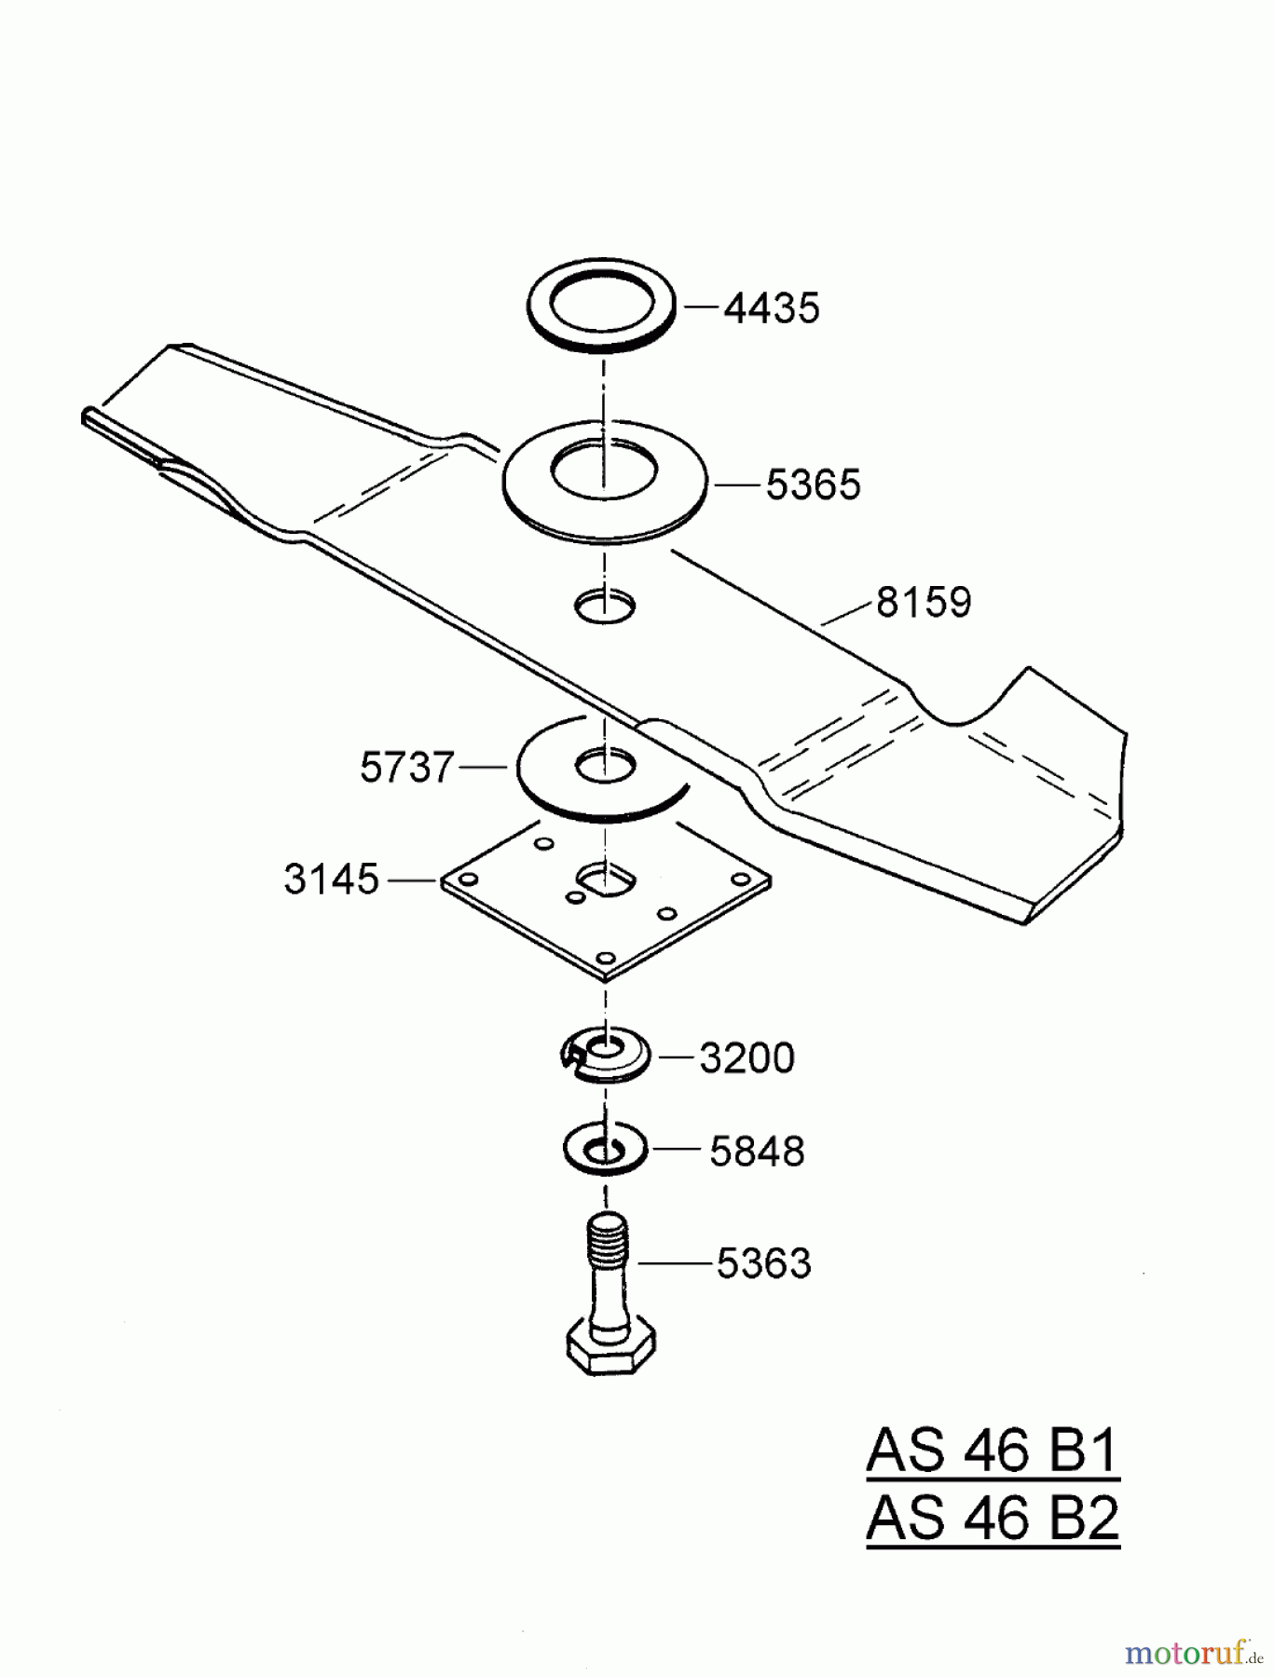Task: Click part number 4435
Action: click(x=772, y=308)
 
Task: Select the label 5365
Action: click(x=813, y=485)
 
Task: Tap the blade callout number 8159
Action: click(x=923, y=603)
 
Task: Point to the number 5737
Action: click(x=406, y=769)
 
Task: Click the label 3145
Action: click(x=332, y=879)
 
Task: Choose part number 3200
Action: click(x=747, y=1059)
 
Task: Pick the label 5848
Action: click(x=756, y=1152)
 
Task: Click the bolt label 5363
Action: click(x=763, y=1264)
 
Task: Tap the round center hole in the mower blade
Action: click(x=605, y=607)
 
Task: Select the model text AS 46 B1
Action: click(x=993, y=1451)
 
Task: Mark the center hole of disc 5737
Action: click(x=606, y=768)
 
